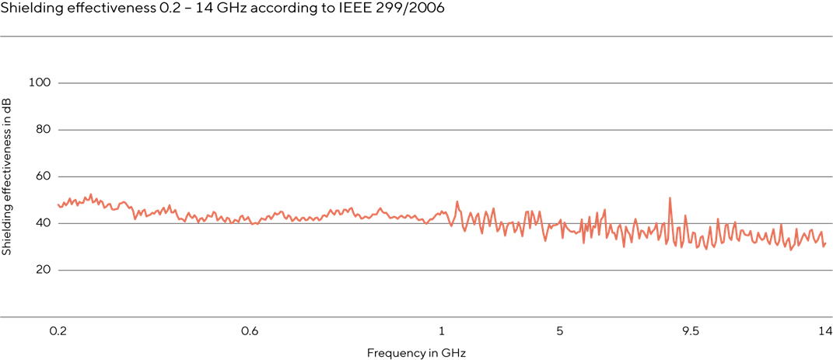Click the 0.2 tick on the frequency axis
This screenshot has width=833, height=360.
tap(58, 331)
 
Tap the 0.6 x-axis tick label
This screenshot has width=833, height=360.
tap(250, 331)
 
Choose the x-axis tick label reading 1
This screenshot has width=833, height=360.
tap(442, 331)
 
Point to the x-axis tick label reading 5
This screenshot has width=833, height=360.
tap(560, 331)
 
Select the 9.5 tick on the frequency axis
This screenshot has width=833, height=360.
tap(691, 331)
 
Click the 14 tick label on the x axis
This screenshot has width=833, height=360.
tap(824, 331)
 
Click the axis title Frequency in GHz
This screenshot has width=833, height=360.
tap(416, 352)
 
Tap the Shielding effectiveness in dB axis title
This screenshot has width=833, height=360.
tap(7, 177)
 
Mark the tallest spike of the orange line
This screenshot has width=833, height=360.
tap(670, 198)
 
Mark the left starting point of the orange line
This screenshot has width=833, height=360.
tap(58, 204)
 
